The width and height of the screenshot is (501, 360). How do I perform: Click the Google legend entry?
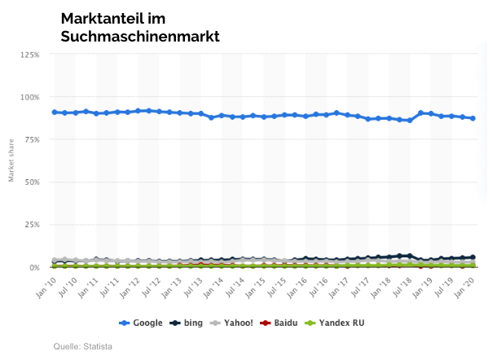pos(141,323)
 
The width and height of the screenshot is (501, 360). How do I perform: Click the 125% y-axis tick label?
pos(29,55)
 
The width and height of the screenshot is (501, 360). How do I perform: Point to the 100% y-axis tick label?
pos(29,97)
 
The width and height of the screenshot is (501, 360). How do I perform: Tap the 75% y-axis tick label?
pos(31,139)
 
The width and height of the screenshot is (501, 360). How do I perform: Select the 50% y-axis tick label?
pos(31,182)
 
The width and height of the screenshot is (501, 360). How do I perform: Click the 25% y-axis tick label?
pos(31,225)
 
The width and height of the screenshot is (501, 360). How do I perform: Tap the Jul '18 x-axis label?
pos(400,284)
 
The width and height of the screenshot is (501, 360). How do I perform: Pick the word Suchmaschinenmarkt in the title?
pos(140,37)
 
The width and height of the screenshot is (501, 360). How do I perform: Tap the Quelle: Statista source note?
pos(83,347)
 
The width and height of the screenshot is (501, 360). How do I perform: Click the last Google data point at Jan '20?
pos(473,118)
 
